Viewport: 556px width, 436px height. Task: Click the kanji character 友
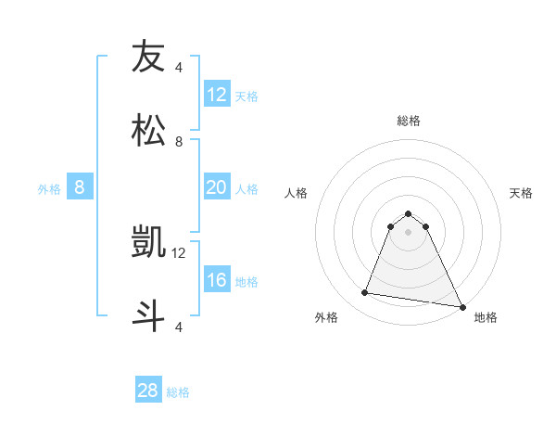tap(148, 57)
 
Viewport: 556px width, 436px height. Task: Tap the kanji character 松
tap(148, 131)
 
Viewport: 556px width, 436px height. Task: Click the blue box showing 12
tap(217, 95)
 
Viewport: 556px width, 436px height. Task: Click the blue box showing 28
tap(148, 391)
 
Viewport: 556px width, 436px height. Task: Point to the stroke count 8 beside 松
tap(179, 141)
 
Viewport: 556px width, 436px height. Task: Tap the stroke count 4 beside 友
tap(179, 67)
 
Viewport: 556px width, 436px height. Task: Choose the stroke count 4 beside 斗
tap(179, 327)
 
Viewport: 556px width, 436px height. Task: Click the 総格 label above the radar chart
tap(409, 121)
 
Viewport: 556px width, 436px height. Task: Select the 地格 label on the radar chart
tap(486, 317)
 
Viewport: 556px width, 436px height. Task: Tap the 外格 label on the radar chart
tap(326, 317)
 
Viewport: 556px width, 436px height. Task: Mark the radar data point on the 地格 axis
tap(461, 306)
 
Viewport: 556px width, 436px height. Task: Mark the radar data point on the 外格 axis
tap(365, 293)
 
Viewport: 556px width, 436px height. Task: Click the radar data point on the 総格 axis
tap(409, 213)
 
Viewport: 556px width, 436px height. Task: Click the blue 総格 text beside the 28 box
tap(178, 392)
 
